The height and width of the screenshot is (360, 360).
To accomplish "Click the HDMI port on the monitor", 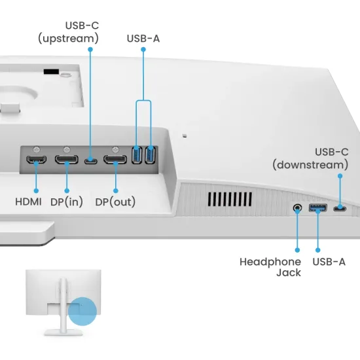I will coord(36,160).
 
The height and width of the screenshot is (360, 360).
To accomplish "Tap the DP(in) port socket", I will coord(66,160).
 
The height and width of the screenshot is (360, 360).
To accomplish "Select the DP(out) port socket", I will coord(115,160).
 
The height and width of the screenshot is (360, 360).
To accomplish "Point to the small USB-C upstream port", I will coord(91,160).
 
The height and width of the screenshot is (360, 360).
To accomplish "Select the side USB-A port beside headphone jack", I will coord(317,209).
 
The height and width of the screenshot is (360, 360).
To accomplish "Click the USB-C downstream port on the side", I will coord(340,209).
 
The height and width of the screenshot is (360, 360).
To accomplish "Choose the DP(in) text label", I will coord(67,202).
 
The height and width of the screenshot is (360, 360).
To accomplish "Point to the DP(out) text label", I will coord(115,202).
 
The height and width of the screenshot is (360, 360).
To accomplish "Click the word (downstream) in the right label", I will coord(310,165).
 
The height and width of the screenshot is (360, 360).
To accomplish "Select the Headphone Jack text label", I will coord(270,267).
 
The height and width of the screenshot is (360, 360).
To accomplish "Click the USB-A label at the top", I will coord(143,39).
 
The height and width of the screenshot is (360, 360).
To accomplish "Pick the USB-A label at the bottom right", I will coord(329,262).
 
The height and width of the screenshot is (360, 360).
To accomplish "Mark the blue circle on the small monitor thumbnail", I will coord(82,311).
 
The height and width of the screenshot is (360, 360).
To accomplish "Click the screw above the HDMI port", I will coord(36,149).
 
